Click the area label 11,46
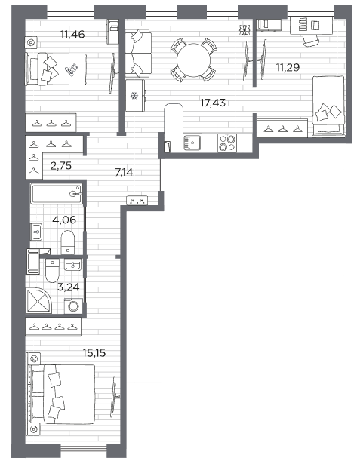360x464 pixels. pos(72,35)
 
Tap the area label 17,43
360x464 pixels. pos(213,103)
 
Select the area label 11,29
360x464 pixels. pos(288,67)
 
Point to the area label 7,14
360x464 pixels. pos(124,171)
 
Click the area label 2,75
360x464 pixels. pos(61,166)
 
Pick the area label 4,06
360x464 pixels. pos(64,220)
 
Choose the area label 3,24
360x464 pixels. pos(69,287)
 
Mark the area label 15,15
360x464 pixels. pos(94,353)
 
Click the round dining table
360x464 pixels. pos(194,60)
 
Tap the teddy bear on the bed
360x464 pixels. pos(72,69)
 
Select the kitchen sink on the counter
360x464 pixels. pos(192,143)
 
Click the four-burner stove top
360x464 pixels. pos(227,143)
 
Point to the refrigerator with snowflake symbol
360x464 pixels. pos(135,95)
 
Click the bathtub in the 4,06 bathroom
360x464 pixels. pos(57,194)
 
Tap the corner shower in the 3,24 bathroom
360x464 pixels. pos(38,300)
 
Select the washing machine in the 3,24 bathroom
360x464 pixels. pos(72,306)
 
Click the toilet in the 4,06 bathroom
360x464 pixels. pos(68,242)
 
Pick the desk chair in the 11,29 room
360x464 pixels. pos(310,40)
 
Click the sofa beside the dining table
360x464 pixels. pos(138,54)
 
